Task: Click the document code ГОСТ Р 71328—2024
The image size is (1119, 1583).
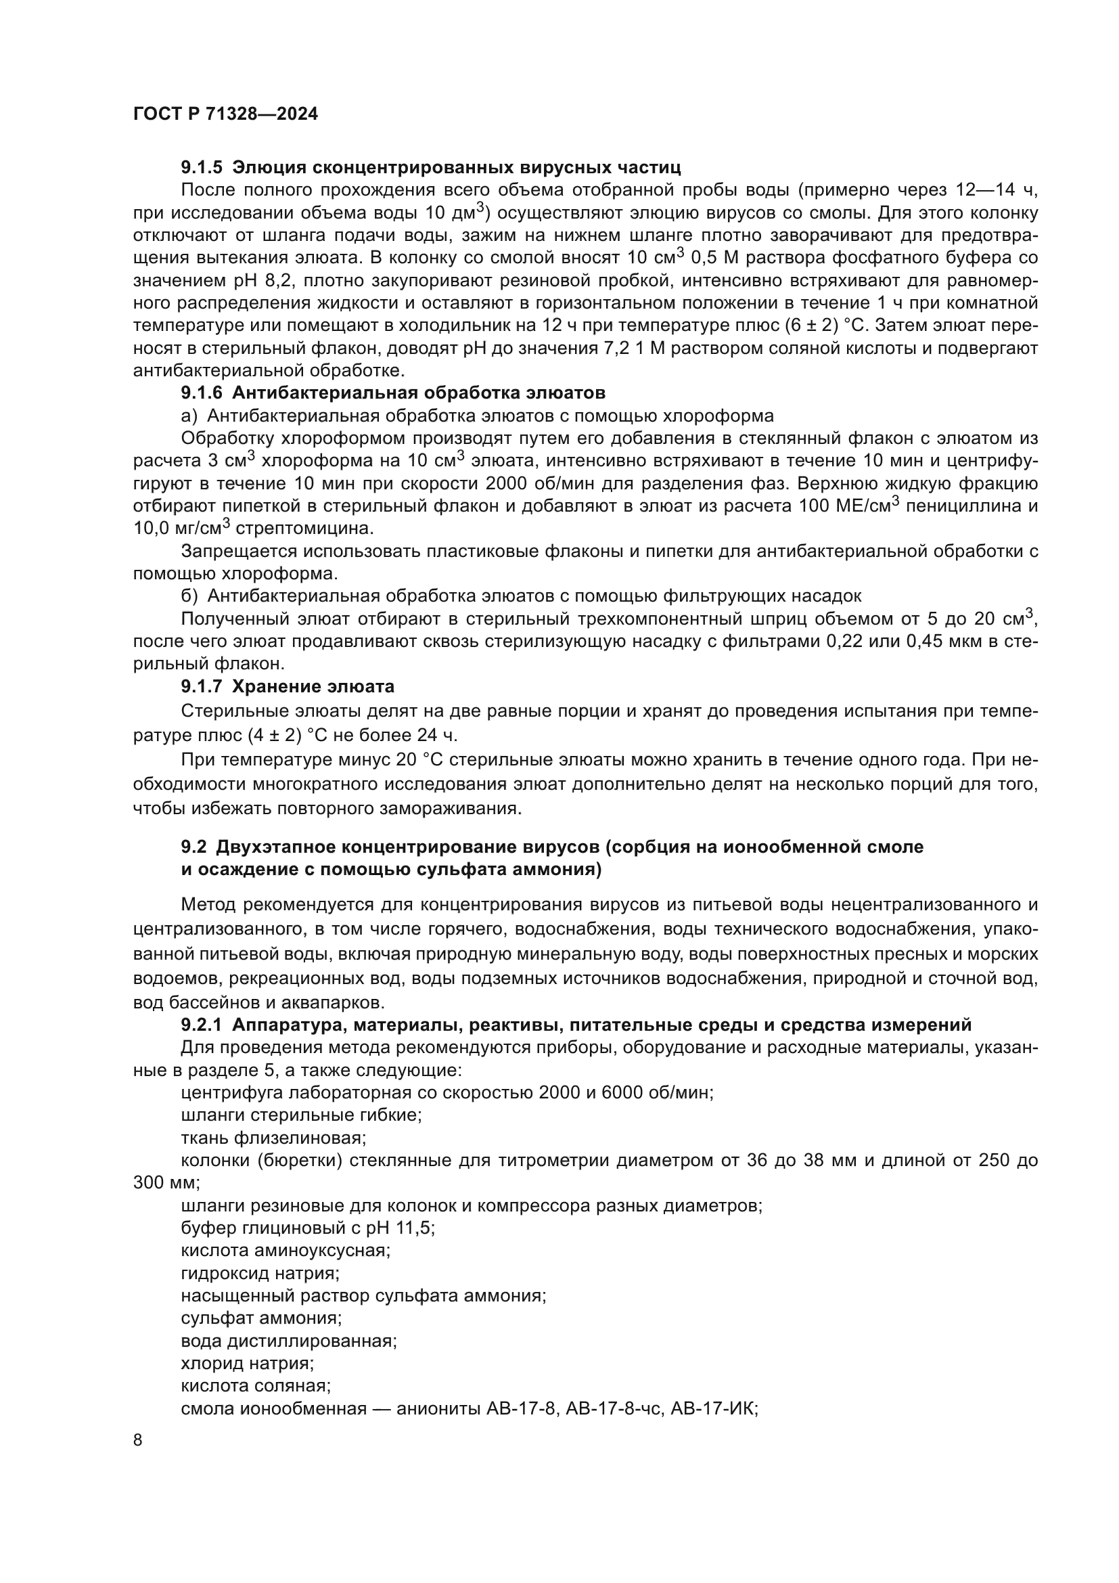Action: pos(225,114)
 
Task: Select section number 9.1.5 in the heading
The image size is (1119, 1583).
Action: pos(202,168)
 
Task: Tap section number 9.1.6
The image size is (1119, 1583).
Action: pos(202,393)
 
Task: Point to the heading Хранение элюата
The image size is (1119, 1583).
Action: pos(313,687)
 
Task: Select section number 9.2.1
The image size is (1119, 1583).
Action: pos(201,1025)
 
